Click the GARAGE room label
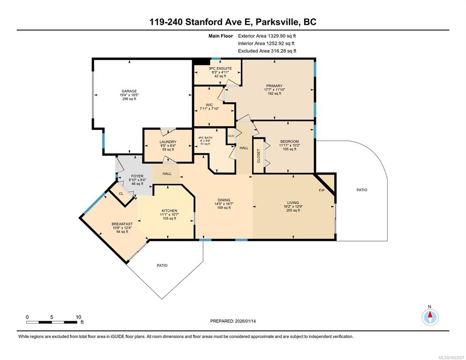click(x=129, y=91)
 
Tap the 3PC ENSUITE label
click(x=220, y=68)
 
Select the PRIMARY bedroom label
click(x=274, y=86)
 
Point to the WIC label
click(x=209, y=105)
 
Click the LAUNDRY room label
click(x=168, y=142)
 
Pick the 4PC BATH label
click(x=205, y=138)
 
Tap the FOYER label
click(x=137, y=176)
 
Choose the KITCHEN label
click(x=169, y=211)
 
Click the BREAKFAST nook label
click(x=122, y=224)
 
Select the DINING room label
click(x=224, y=200)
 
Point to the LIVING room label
click(x=293, y=203)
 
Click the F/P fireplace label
click(x=322, y=190)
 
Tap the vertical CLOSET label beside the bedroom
click(x=259, y=156)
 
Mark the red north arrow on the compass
click(x=430, y=314)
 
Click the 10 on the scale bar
click(x=78, y=317)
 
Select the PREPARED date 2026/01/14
click(x=245, y=321)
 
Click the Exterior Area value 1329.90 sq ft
click(x=282, y=36)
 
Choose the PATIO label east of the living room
click(x=362, y=190)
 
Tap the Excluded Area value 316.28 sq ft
click(x=283, y=51)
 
